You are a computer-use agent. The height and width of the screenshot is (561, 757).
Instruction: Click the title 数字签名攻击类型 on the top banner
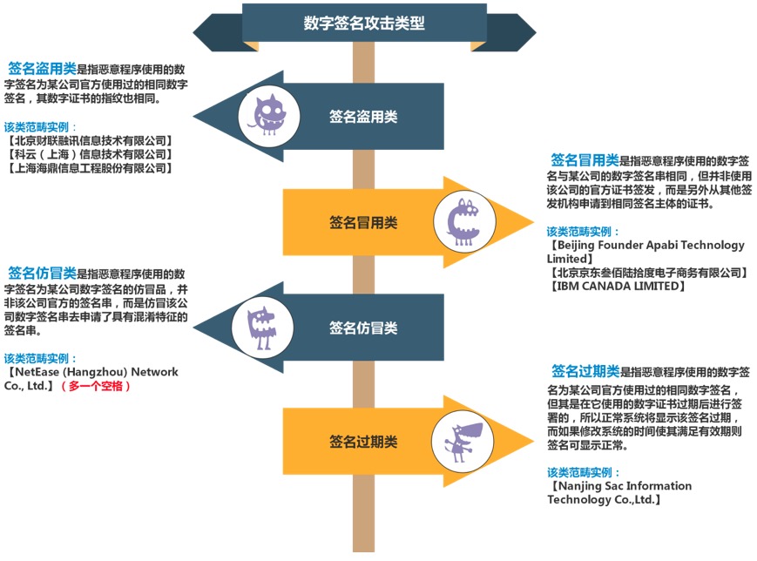point(364,23)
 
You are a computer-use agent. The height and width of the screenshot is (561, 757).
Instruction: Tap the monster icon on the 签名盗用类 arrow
point(268,115)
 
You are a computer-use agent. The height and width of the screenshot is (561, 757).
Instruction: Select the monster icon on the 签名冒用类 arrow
point(463,222)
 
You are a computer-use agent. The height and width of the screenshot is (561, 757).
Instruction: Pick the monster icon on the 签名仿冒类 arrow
point(261,328)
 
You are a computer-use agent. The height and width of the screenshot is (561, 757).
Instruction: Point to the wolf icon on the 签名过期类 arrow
point(463,442)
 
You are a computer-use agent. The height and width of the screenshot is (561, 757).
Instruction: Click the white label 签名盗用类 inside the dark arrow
point(363,117)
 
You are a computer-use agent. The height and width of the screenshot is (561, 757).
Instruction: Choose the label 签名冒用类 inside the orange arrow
point(363,222)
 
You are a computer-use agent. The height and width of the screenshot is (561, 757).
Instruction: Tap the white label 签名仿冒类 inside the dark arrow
point(363,328)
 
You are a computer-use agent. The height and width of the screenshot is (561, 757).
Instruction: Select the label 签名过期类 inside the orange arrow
point(363,442)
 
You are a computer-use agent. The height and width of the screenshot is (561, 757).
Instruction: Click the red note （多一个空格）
point(96,386)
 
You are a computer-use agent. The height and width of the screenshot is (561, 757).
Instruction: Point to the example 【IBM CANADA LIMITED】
point(617,287)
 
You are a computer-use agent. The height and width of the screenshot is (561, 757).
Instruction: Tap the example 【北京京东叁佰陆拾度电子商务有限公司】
point(648,273)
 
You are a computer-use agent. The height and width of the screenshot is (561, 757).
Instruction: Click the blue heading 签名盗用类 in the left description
point(43,69)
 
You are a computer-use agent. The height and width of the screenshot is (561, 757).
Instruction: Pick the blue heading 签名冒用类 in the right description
point(585,159)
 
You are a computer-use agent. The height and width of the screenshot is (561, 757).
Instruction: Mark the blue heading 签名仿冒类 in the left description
point(43,274)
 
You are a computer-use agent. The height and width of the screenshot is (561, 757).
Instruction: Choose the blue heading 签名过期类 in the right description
point(585,371)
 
